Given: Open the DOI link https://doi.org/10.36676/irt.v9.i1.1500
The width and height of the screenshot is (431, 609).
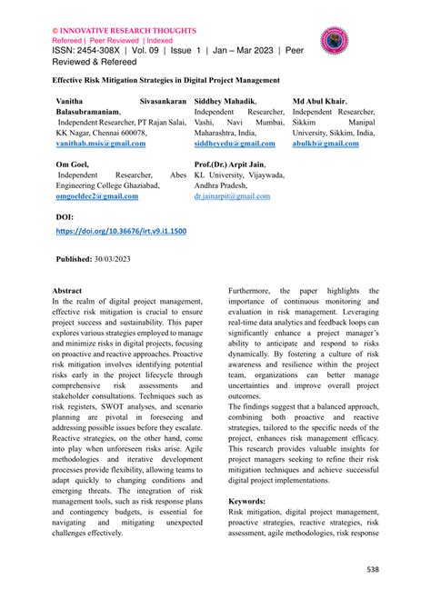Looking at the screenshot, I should coord(121,232).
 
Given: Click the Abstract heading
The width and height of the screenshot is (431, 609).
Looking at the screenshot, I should coord(73,289).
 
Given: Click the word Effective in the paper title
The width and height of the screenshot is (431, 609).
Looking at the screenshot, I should coord(73,80).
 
